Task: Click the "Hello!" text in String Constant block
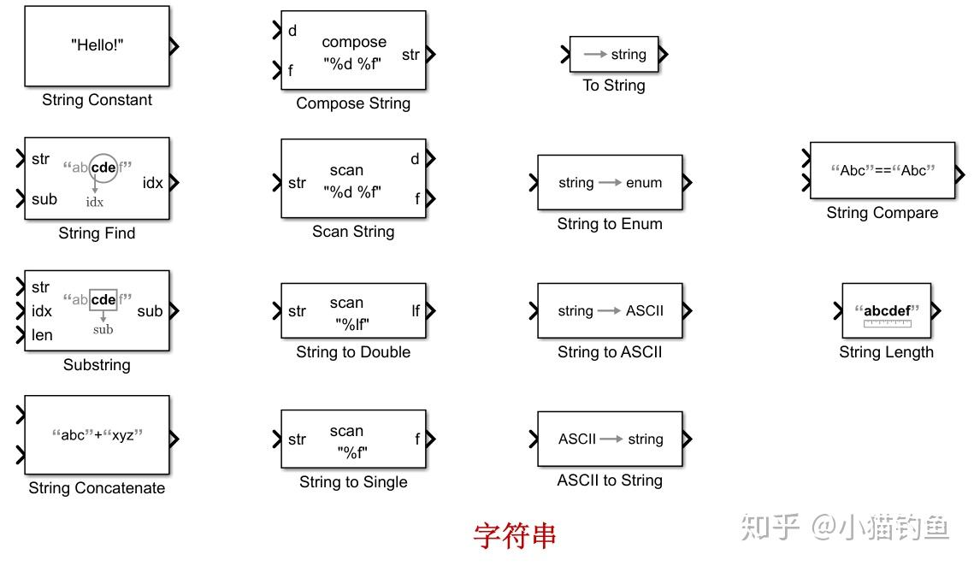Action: (97, 46)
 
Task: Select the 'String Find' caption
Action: (97, 233)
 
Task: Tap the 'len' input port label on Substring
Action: (42, 335)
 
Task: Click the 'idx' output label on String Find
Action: (152, 183)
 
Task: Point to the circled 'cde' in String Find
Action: (103, 168)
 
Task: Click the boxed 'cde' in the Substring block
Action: (103, 299)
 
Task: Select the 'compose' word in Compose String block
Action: (354, 42)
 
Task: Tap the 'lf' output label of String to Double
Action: (416, 311)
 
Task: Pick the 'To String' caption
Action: (614, 85)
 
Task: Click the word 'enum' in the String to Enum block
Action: (643, 182)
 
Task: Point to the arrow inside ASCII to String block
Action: (610, 439)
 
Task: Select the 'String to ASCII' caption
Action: (610, 351)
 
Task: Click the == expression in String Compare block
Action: (882, 170)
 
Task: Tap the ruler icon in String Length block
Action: (887, 323)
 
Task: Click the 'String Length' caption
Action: (886, 351)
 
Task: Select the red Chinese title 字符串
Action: (514, 535)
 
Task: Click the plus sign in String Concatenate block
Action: (97, 435)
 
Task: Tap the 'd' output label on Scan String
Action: (415, 159)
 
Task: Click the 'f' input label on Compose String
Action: (291, 70)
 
